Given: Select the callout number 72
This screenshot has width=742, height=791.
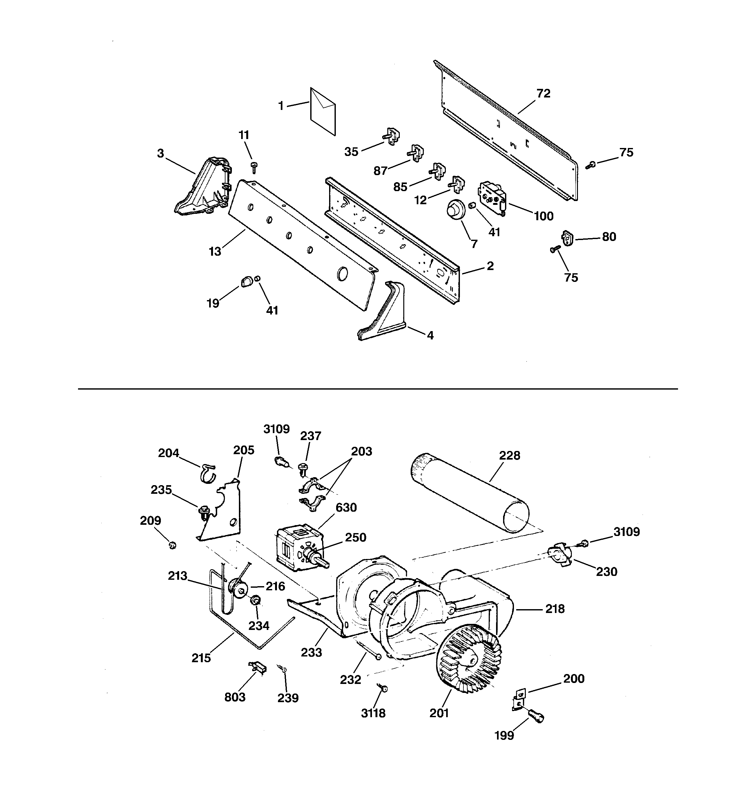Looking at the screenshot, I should [x=543, y=94].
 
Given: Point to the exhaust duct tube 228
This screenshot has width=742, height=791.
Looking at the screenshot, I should [x=470, y=492].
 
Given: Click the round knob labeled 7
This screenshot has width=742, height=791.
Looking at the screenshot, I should [x=453, y=209].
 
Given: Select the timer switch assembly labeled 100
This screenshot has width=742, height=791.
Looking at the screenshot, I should [x=492, y=198].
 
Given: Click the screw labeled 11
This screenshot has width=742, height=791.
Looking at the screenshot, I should [x=254, y=167].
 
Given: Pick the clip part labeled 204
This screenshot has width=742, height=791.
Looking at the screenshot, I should [x=208, y=473].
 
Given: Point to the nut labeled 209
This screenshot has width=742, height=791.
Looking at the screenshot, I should [x=172, y=546].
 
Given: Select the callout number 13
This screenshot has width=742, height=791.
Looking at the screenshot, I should [x=215, y=252].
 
